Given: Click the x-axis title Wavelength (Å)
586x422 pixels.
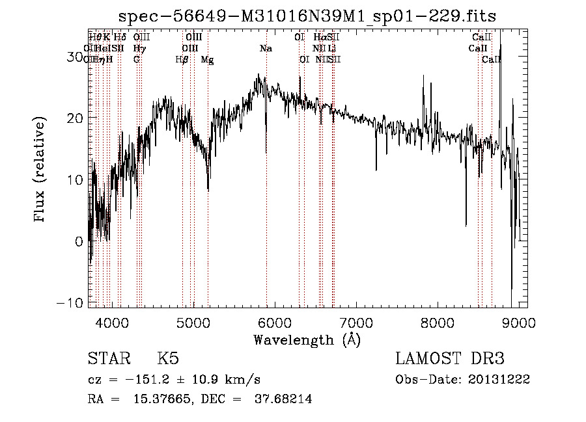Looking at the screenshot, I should click(307, 339).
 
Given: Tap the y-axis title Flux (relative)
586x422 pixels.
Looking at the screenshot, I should click(40, 170).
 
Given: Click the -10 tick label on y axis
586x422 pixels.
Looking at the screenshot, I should click(74, 303).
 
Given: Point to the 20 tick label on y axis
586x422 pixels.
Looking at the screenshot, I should click(77, 118).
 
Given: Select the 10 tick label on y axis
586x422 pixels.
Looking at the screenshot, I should click(77, 179).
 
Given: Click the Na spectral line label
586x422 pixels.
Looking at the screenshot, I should click(266, 49).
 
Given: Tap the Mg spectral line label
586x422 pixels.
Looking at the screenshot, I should click(207, 60).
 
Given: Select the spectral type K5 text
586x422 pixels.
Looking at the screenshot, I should click(168, 359).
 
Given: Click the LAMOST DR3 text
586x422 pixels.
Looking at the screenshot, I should click(450, 359).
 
